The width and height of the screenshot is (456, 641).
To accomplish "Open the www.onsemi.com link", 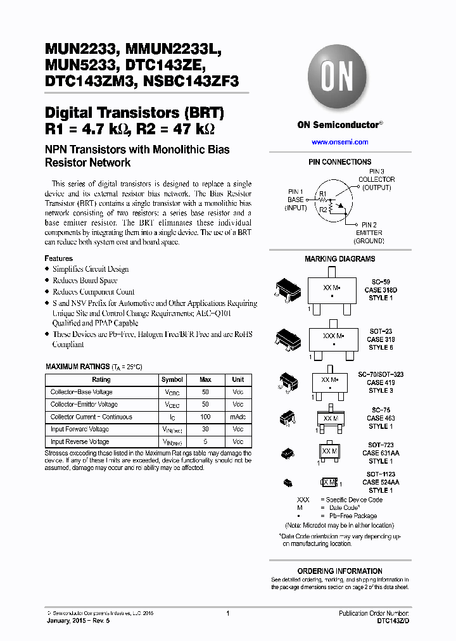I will (339, 142).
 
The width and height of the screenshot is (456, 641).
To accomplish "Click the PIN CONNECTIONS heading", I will (339, 162).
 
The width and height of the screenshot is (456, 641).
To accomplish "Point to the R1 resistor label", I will (322, 193).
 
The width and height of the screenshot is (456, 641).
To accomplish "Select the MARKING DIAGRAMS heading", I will (339, 258).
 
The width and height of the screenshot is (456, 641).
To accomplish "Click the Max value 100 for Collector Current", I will (205, 417).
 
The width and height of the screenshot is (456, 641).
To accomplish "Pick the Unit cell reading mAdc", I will (237, 417).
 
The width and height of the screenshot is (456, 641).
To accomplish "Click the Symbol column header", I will (172, 379).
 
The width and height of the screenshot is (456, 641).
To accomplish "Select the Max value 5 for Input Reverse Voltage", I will (205, 441).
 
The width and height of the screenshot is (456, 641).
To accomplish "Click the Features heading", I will (58, 258).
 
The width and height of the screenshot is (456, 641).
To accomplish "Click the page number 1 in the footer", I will (227, 613).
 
